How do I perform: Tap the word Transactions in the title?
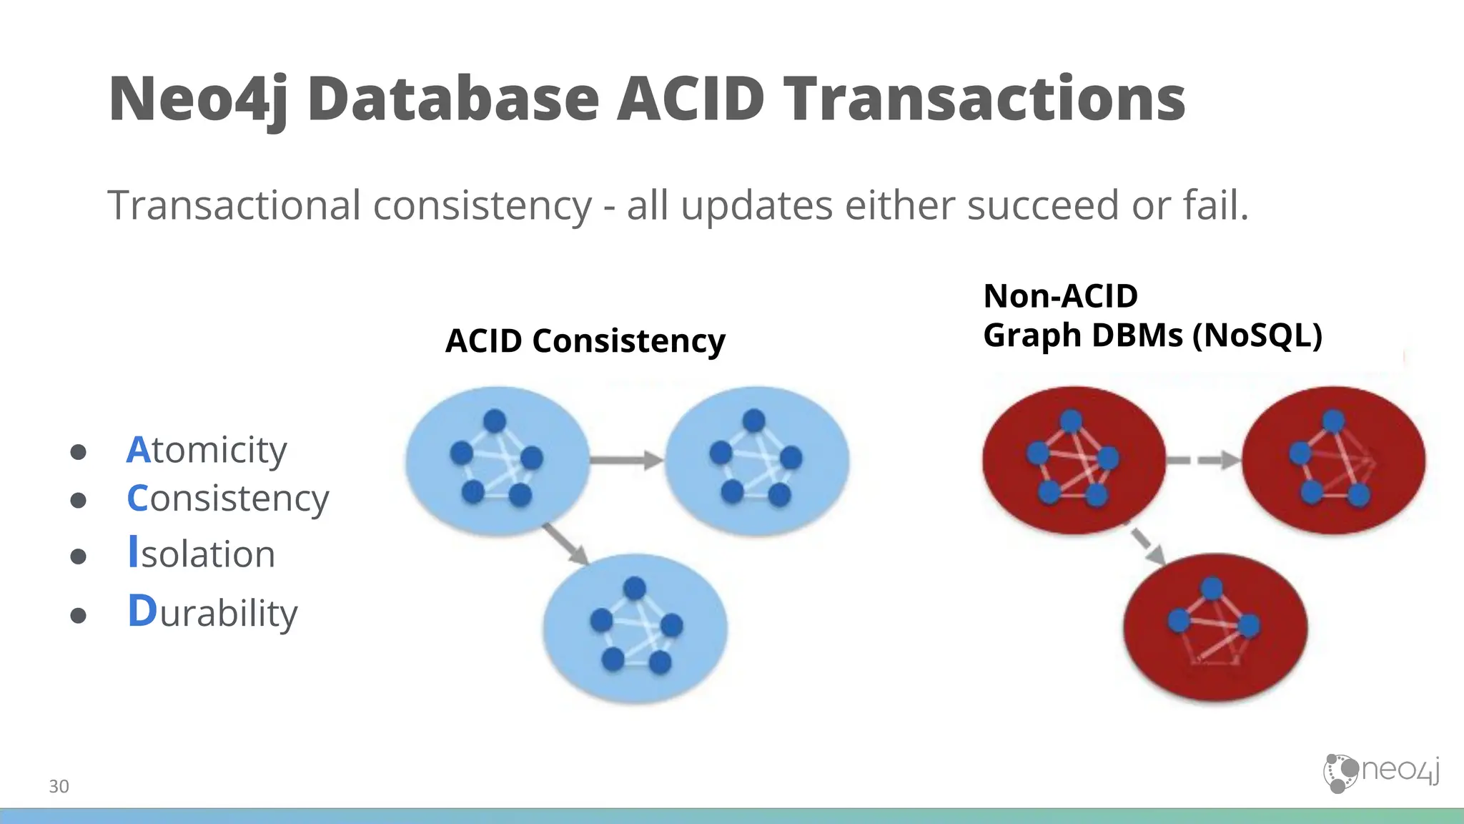984,100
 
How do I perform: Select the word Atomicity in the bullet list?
207,451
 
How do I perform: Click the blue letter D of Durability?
142,612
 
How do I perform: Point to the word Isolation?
202,554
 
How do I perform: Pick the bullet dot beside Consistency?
79,500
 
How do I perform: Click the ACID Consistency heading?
585,340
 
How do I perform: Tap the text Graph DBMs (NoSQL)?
1152,335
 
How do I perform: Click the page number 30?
59,786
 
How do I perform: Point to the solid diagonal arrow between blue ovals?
565,544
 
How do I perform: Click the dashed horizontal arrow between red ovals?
1204,460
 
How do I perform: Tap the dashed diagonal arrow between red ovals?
1147,544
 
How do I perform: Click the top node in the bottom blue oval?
634,589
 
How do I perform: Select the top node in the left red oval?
1070,421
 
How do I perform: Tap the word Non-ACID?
1060,296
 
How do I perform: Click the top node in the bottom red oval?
1212,589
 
